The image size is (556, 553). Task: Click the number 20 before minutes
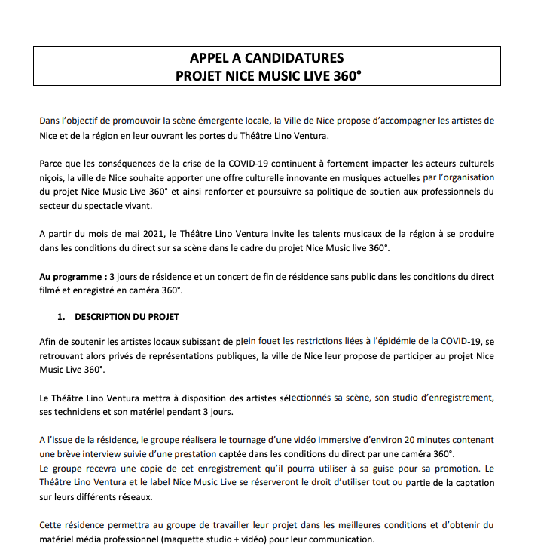tap(409, 439)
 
